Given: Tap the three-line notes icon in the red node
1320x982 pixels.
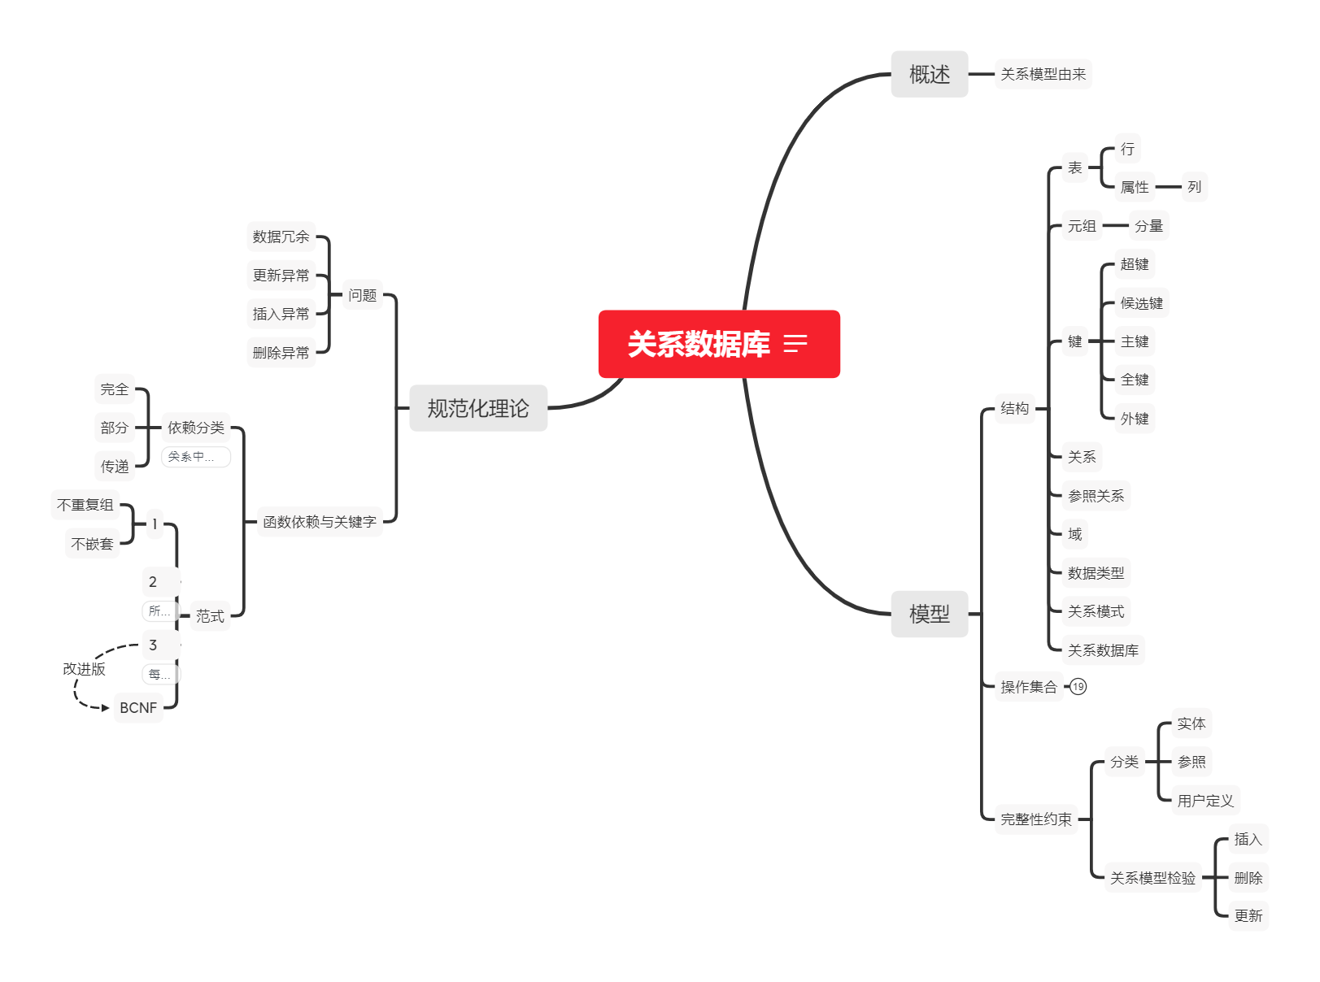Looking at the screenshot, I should (795, 344).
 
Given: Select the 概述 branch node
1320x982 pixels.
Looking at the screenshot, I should (929, 74).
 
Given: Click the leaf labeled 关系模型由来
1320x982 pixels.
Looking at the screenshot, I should (1043, 74).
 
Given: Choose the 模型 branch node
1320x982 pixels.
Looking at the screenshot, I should (929, 614).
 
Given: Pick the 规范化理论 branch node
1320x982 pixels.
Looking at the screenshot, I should (477, 408).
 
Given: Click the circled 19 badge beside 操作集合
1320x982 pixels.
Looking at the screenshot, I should (1078, 687).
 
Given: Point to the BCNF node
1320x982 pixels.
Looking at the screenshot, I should (138, 708).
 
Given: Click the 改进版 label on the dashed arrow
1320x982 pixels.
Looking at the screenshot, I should (85, 669).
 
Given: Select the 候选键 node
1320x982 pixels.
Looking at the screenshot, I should (1141, 303).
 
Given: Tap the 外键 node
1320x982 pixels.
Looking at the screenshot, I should (1135, 419).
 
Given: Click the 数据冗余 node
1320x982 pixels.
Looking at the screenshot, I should (281, 237).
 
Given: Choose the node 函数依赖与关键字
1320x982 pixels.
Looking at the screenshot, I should (320, 522).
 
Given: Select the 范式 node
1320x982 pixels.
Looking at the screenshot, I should (210, 616).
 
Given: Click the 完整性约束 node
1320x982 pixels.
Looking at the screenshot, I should (1035, 819).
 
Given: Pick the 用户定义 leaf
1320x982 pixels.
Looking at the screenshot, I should (1205, 801).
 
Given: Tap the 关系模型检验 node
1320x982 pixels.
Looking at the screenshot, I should (1152, 878).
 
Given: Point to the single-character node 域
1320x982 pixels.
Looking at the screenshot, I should (1074, 534).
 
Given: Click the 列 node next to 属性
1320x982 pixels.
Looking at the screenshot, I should (1194, 187).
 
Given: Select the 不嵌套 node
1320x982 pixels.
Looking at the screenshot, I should (92, 544).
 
